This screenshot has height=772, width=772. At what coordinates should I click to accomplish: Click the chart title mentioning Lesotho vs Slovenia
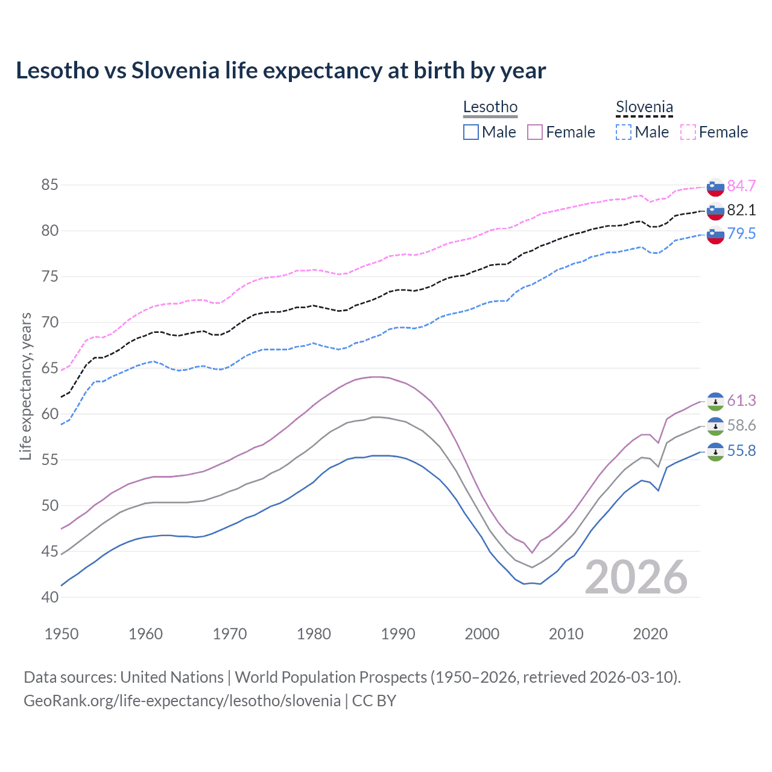(x=280, y=71)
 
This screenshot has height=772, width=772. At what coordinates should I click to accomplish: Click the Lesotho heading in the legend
(x=490, y=107)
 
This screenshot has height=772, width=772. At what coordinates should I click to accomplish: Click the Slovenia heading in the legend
(x=644, y=107)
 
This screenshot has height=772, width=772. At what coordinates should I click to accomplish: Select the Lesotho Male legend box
(x=471, y=132)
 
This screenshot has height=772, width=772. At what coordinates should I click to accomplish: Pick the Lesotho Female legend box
(x=535, y=132)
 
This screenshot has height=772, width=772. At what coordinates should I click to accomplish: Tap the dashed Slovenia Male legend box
(x=624, y=132)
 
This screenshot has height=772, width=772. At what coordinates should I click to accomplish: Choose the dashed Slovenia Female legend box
(x=688, y=132)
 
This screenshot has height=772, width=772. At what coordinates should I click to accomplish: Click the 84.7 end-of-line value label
(x=741, y=186)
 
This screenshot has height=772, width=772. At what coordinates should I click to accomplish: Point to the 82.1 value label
(x=741, y=210)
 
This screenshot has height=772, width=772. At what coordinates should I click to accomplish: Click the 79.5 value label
(x=741, y=233)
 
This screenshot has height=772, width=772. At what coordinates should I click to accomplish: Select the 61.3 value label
(x=741, y=400)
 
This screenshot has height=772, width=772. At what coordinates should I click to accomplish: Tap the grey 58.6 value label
(x=741, y=425)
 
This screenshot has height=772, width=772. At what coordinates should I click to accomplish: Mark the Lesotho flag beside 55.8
(x=715, y=452)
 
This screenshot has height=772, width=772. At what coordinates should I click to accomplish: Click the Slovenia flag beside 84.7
(x=715, y=187)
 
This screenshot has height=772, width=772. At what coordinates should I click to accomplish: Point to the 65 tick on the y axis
(x=50, y=368)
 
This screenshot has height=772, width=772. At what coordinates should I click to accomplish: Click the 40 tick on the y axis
(x=50, y=597)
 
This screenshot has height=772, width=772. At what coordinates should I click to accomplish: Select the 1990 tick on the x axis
(x=398, y=634)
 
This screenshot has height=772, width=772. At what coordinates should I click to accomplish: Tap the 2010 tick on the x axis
(x=566, y=634)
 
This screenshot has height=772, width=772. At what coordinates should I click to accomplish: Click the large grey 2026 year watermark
(x=636, y=577)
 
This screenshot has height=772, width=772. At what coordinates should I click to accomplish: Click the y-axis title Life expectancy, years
(x=25, y=386)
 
